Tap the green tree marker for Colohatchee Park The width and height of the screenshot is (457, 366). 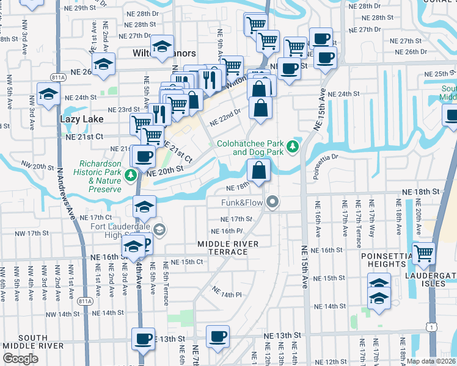pyautogui.click(x=293, y=146)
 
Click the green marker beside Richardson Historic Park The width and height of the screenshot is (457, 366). pyautogui.click(x=130, y=176)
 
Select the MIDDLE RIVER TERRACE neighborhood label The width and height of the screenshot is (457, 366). pyautogui.click(x=228, y=248)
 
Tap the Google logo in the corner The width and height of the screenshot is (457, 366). pyautogui.click(x=20, y=358)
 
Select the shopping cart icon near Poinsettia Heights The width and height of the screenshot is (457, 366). pyautogui.click(x=423, y=253)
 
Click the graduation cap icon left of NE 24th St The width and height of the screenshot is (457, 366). pyautogui.click(x=48, y=93)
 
